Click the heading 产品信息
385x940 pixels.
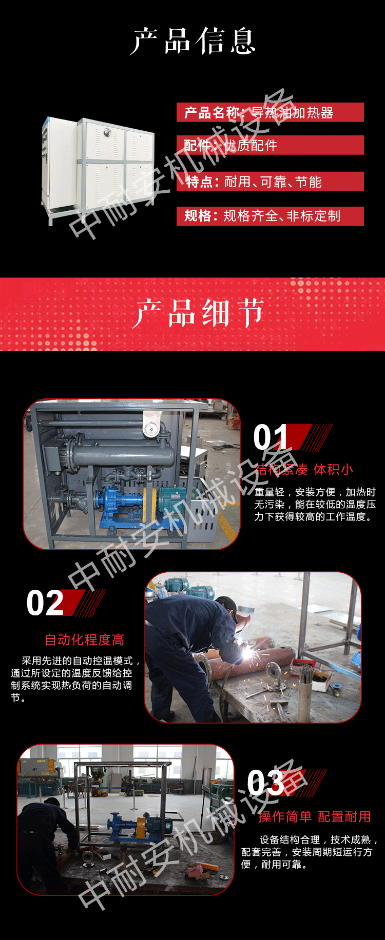[x=192, y=41]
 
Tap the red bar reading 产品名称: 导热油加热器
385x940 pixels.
[x=270, y=112]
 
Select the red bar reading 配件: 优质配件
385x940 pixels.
[x=270, y=145]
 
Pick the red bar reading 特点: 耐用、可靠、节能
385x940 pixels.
[x=270, y=182]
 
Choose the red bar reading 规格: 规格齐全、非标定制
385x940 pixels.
[x=270, y=216]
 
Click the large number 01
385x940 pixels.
[x=271, y=437]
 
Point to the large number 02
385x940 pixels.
[x=45, y=603]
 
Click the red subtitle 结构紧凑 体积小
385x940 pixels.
[x=304, y=469]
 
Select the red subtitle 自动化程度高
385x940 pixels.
[x=85, y=639]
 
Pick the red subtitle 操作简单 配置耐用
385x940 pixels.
[x=315, y=816]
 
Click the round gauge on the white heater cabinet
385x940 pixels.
[x=106, y=132]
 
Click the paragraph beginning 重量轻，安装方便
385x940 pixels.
[x=315, y=504]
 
